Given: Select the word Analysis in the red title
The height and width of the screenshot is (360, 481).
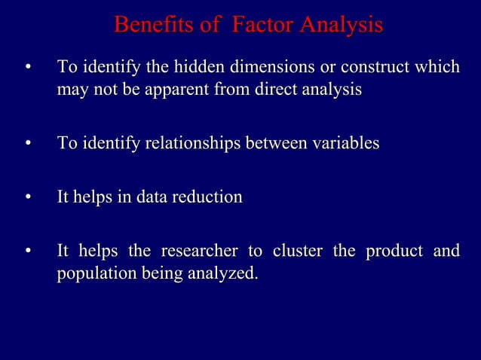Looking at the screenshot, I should click(x=340, y=26).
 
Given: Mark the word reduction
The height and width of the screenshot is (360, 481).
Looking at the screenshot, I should click(x=207, y=197).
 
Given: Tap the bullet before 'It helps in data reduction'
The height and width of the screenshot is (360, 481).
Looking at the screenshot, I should click(x=28, y=197).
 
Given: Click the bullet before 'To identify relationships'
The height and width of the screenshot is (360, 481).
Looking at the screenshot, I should click(x=28, y=143).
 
